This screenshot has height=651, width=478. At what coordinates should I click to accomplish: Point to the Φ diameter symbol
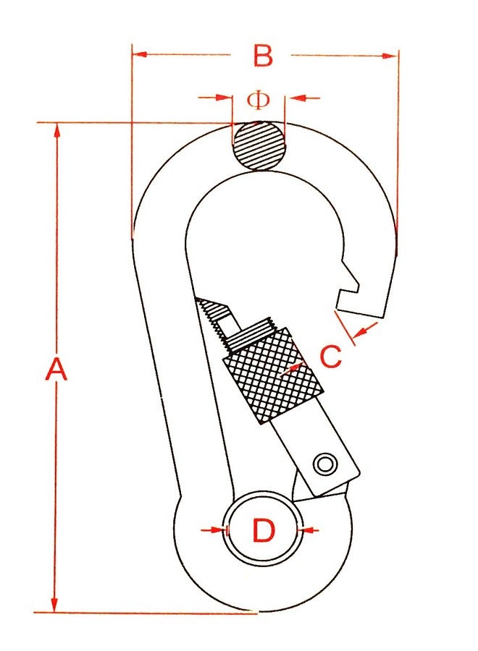(x=259, y=100)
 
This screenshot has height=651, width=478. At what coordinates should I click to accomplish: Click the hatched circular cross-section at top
(x=259, y=145)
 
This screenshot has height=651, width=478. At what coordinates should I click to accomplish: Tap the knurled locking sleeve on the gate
(x=273, y=375)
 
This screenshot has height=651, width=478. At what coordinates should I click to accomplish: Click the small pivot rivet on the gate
(x=325, y=464)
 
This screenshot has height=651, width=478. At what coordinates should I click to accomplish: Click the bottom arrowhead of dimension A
(x=54, y=604)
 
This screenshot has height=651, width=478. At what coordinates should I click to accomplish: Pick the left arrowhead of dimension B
(x=140, y=54)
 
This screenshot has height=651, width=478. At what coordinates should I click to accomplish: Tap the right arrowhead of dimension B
(x=390, y=56)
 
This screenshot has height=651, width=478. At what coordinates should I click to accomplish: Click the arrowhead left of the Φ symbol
(x=224, y=98)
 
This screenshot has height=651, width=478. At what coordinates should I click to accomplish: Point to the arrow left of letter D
(x=213, y=529)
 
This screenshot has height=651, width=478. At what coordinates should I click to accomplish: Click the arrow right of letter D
(x=309, y=529)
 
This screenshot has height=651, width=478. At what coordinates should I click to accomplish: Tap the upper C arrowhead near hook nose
(x=361, y=332)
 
